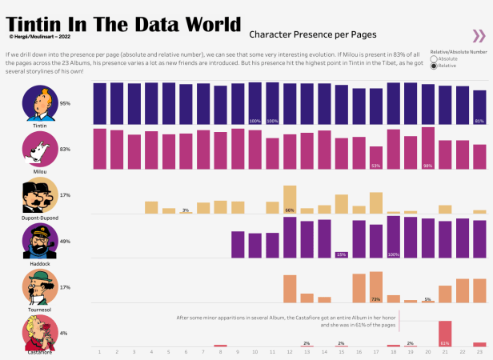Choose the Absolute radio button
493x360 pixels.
click(x=434, y=58)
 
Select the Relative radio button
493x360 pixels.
click(x=434, y=66)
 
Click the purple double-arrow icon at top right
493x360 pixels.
click(x=479, y=35)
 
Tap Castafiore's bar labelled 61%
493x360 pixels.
click(x=445, y=333)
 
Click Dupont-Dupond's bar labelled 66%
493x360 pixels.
click(x=290, y=199)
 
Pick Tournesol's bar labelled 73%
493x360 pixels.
click(x=375, y=286)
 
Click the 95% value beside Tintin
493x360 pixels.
click(x=65, y=103)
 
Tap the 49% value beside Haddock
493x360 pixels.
click(x=65, y=241)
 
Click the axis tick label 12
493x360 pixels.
click(x=290, y=351)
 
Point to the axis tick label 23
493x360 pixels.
click(x=479, y=351)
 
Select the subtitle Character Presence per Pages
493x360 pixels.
click(x=313, y=35)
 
